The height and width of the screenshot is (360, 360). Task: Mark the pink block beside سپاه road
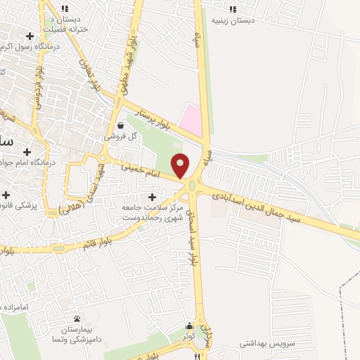pyautogui.click(x=191, y=120)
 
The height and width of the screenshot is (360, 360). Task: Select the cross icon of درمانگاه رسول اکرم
pyautogui.click(x=30, y=36)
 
